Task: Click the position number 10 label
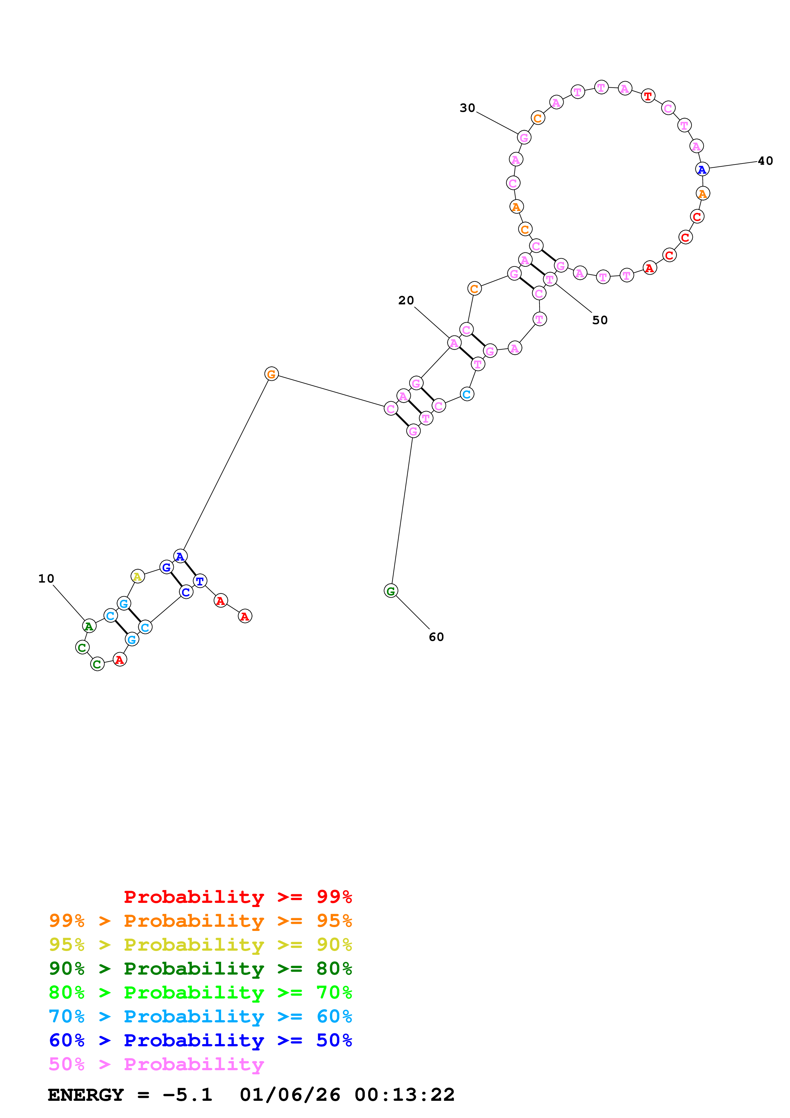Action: [46, 578]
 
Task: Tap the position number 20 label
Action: [406, 301]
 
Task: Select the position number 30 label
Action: [467, 108]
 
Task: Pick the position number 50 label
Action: [600, 320]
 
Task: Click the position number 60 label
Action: [436, 637]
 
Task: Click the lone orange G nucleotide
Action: [271, 374]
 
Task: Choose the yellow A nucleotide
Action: [138, 577]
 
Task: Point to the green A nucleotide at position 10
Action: [89, 626]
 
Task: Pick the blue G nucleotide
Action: [166, 567]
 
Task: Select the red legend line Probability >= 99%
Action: [237, 897]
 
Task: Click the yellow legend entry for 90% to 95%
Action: [200, 945]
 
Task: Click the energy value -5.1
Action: [187, 1095]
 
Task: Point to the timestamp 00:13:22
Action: [404, 1095]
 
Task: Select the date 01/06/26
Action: [290, 1095]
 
